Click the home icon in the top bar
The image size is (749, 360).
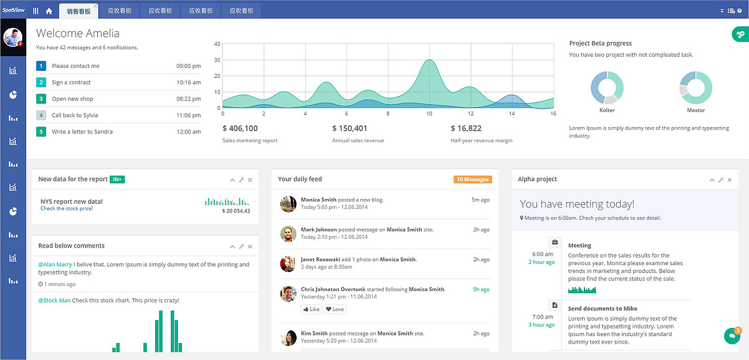click(49, 11)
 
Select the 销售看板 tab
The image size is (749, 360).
click(78, 11)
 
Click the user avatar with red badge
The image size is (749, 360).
click(13, 37)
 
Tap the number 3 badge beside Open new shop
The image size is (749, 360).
click(41, 99)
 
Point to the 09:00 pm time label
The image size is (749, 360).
click(188, 66)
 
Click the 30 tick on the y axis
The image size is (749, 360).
click(217, 60)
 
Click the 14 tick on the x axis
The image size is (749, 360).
click(511, 114)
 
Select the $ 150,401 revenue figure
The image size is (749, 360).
click(350, 128)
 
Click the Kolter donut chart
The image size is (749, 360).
click(607, 88)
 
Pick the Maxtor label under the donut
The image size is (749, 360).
click(696, 110)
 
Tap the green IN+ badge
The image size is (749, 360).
click(117, 179)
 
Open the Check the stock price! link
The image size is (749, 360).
click(67, 208)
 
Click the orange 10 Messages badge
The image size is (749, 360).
click(472, 179)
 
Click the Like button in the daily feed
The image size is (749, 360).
click(311, 309)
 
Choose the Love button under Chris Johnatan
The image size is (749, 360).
click(335, 309)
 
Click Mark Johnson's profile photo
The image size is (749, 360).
click(288, 234)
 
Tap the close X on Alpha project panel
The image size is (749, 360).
click(730, 180)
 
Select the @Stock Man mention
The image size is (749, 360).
click(54, 300)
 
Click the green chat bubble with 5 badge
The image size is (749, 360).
click(731, 336)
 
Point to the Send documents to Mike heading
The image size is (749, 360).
click(603, 308)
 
